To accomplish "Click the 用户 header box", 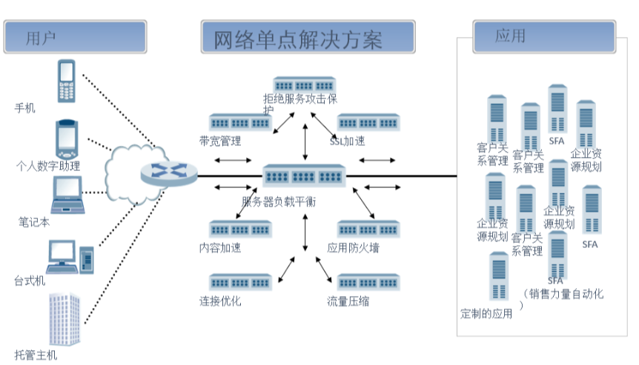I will pos(74,36).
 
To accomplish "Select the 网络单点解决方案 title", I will pos(307,38).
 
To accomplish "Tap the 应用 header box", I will pos(544,36).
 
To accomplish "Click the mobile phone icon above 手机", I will pos(67,81).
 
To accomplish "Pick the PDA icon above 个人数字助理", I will pos(67,139).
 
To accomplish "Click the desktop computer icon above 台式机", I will pos(70,256).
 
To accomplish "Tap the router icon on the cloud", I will pos(169,172).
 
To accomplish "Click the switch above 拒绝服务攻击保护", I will pos(305,84).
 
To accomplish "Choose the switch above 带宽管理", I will pos(239,121).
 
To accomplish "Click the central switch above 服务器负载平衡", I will pos(305,175).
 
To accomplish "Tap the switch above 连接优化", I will pos(239,282).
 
